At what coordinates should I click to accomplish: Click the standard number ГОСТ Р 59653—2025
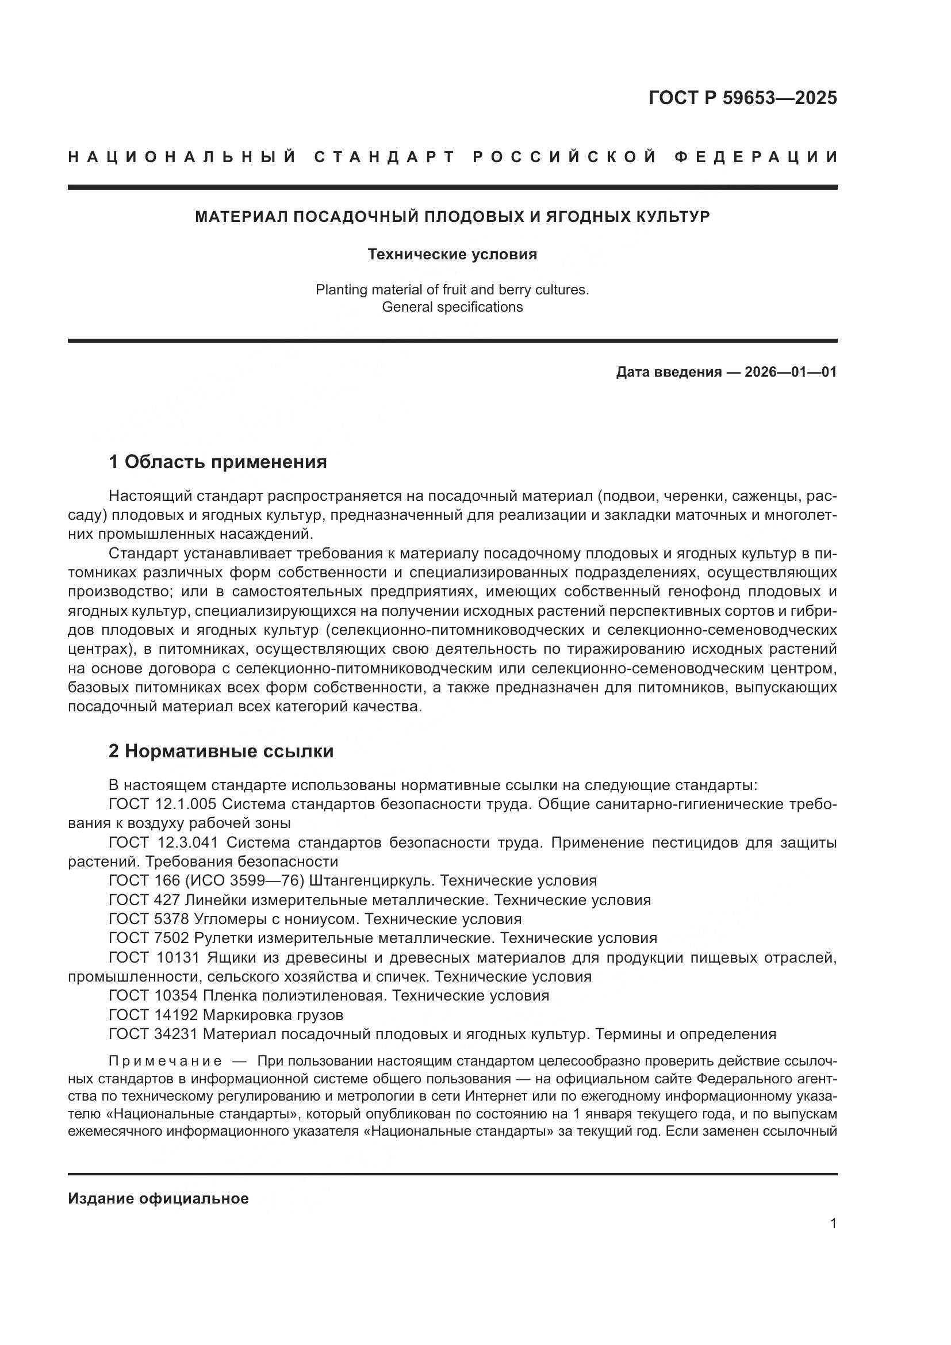742,97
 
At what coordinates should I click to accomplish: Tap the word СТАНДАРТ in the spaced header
385,157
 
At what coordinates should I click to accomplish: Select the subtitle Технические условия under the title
452,254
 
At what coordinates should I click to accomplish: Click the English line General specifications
452,307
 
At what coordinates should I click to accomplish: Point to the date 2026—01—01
790,372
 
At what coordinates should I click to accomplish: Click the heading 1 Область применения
218,462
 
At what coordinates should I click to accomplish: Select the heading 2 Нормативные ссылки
221,751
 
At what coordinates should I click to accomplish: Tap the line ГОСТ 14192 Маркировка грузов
226,1014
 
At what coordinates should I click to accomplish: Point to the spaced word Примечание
165,1061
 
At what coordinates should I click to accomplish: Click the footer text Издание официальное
158,1198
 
